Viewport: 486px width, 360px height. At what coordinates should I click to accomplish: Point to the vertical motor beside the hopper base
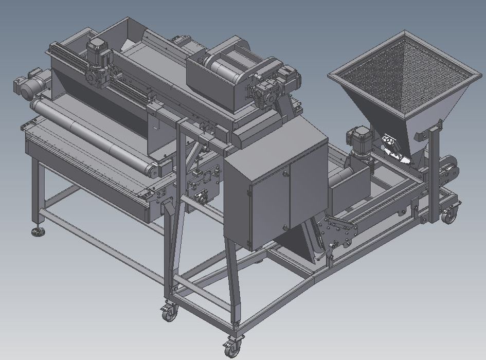pyautogui.click(x=356, y=139)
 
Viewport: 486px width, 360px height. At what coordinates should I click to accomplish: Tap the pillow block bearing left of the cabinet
pyautogui.click(x=199, y=196)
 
